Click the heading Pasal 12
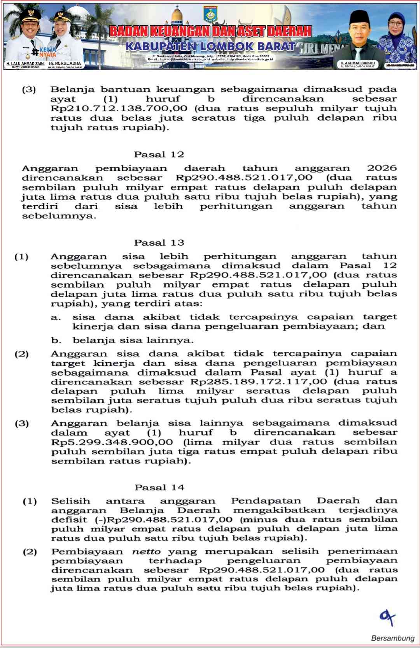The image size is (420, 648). pyautogui.click(x=159, y=155)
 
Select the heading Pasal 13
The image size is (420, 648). pyautogui.click(x=159, y=242)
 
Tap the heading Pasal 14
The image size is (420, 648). pyautogui.click(x=159, y=487)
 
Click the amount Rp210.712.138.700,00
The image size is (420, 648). pyautogui.click(x=119, y=108)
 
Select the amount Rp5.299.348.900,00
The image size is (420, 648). pyautogui.click(x=112, y=442)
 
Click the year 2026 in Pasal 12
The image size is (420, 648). pyautogui.click(x=381, y=168)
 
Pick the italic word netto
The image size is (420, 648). pyautogui.click(x=146, y=551)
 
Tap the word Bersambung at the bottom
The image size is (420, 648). pyautogui.click(x=392, y=638)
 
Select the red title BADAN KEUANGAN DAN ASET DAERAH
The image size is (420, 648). pyautogui.click(x=210, y=32)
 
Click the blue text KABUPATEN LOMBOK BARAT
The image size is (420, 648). pyautogui.click(x=210, y=47)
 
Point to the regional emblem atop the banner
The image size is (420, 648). pyautogui.click(x=210, y=14)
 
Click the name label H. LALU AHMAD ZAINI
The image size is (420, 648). pyautogui.click(x=25, y=63)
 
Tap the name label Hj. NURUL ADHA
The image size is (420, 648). pyautogui.click(x=65, y=63)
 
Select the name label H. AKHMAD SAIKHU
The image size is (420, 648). pyautogui.click(x=357, y=63)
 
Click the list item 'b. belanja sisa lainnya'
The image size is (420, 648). pyautogui.click(x=122, y=340)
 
